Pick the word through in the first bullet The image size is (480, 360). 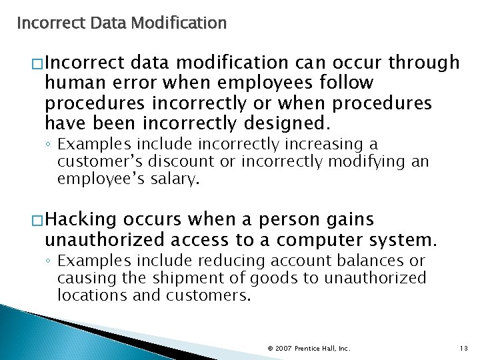click(424, 63)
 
